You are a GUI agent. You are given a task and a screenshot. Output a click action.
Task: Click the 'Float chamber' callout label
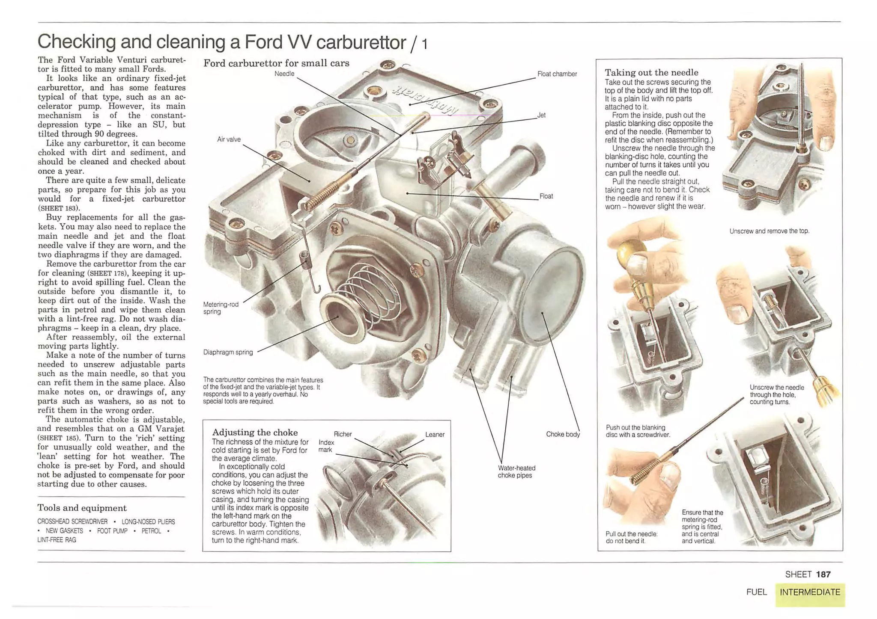tap(557, 74)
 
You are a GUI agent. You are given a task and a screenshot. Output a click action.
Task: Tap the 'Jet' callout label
tap(541, 115)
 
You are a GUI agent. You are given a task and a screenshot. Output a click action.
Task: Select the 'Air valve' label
tap(229, 139)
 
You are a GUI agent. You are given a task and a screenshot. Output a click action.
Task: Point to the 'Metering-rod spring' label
tap(221, 308)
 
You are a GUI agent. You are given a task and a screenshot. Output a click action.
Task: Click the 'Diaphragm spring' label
tap(228, 352)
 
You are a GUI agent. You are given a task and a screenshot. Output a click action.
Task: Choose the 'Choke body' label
tap(563, 434)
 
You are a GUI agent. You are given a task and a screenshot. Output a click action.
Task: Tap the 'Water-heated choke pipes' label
tap(516, 471)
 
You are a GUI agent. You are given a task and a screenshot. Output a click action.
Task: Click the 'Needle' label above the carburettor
tap(284, 74)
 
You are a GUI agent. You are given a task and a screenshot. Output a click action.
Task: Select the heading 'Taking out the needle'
tap(651, 72)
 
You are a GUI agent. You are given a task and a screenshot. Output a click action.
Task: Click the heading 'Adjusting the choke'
tap(255, 432)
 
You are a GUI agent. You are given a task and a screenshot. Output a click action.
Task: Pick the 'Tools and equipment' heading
tap(82, 508)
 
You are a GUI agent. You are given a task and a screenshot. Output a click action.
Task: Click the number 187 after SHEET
tap(823, 575)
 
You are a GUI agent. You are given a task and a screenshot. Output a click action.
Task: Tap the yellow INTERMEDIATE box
tap(810, 592)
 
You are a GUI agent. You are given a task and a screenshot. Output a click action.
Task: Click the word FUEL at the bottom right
tap(756, 592)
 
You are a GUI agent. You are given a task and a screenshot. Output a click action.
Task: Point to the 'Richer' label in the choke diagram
tap(343, 434)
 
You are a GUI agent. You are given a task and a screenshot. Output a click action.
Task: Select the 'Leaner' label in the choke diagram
tap(435, 435)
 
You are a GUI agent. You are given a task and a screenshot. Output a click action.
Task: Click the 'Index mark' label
tap(326, 446)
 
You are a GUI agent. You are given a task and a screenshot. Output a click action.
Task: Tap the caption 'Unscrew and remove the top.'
tap(769, 231)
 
